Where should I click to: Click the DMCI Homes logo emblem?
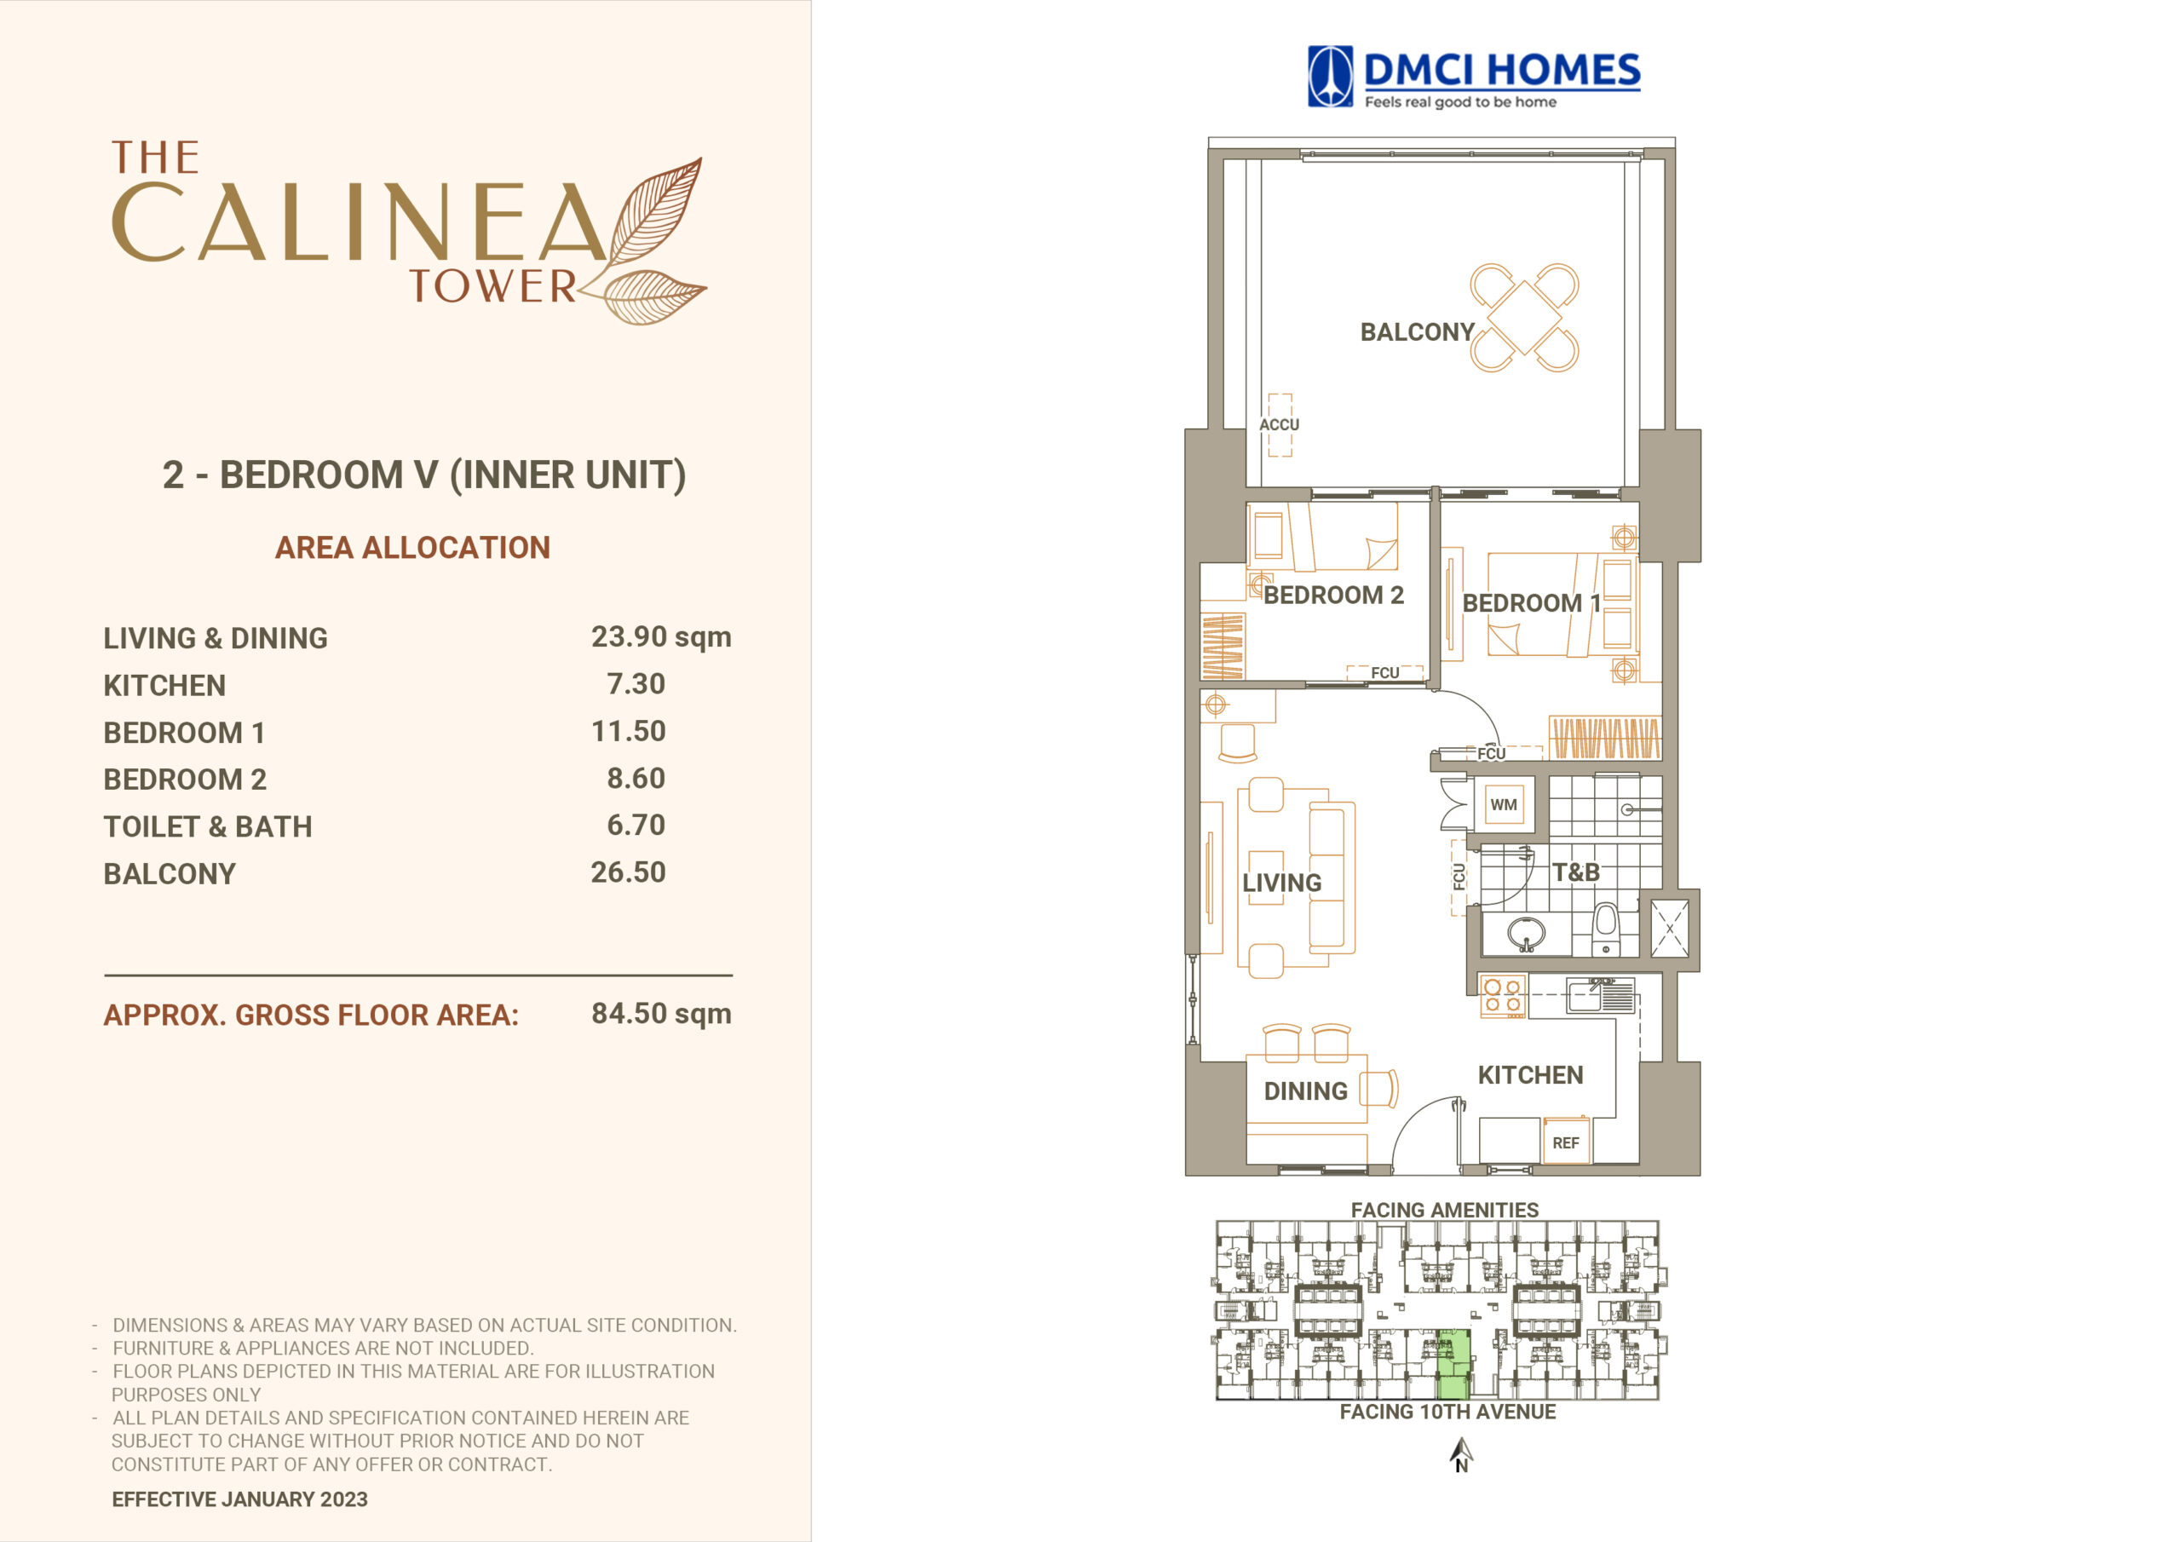pos(1330,76)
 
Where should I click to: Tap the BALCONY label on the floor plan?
pos(1416,331)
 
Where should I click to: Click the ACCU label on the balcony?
pos(1279,425)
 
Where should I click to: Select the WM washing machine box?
pos(1504,805)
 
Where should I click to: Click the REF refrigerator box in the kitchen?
pos(1565,1142)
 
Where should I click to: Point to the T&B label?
pos(1576,872)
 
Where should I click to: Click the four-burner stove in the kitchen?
pos(1503,997)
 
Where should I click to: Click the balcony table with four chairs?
pos(1525,317)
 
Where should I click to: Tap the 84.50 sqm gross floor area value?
pos(661,1014)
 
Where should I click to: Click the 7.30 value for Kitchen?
pos(636,683)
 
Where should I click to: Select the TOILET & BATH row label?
pos(208,826)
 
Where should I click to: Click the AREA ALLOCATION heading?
pos(412,547)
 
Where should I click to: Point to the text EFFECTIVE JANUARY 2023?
pos(239,1499)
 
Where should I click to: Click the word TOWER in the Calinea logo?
pos(493,286)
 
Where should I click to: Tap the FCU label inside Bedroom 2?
pos(1385,673)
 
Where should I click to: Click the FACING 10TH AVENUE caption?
pos(1447,1412)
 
